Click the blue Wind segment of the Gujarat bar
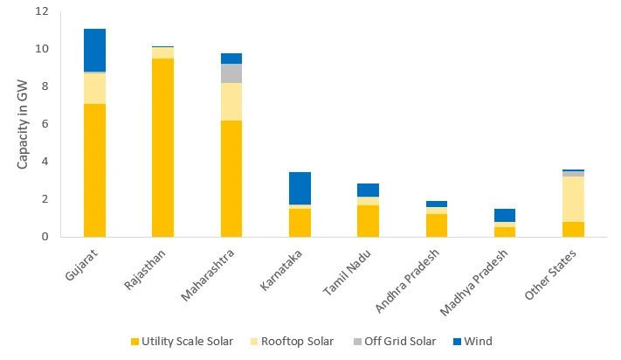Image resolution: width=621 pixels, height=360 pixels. (94, 50)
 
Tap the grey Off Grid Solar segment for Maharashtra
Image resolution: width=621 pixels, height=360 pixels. (231, 73)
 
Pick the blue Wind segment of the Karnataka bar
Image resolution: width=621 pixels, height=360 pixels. (300, 188)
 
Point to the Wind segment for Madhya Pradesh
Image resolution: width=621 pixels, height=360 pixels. (505, 215)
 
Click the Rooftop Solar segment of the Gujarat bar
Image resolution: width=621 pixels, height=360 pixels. (94, 88)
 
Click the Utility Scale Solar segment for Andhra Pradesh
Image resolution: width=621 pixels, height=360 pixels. (437, 225)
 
